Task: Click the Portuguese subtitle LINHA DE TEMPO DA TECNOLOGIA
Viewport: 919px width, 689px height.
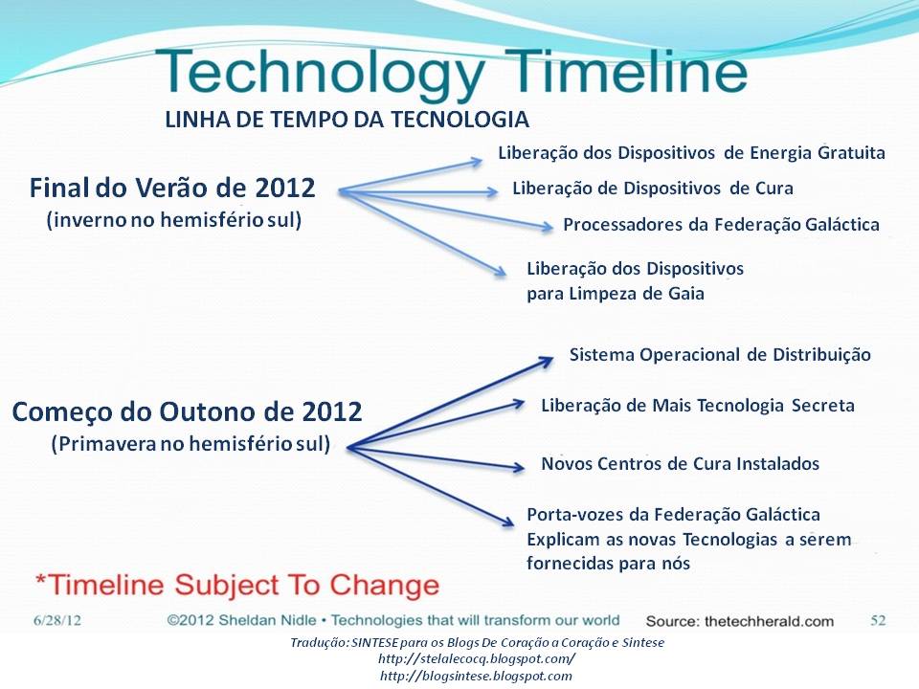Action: coord(347,120)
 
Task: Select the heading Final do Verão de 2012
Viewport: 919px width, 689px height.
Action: coord(172,189)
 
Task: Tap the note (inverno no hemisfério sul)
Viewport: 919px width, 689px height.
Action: coord(174,220)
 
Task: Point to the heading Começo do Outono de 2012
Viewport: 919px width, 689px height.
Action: coord(187,411)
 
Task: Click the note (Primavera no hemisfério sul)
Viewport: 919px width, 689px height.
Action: coord(191,443)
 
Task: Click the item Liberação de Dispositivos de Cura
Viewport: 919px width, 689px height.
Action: coord(652,189)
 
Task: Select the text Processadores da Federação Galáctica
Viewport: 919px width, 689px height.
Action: coord(721,225)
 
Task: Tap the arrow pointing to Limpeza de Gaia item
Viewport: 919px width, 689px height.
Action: coord(422,233)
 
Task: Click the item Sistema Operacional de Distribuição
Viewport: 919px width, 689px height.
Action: coord(720,355)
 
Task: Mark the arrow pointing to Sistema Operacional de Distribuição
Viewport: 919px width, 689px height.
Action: coord(451,403)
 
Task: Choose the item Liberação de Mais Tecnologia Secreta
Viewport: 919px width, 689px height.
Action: coord(698,406)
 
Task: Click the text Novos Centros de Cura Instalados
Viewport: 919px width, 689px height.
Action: coord(680,464)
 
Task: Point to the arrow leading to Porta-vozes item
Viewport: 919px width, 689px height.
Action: coord(431,487)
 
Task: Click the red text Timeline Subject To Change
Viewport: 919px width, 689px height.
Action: coord(237,586)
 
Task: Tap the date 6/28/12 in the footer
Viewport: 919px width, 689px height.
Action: coord(56,621)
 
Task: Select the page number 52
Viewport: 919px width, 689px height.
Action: coord(878,620)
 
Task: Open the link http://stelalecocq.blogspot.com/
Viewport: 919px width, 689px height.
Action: coord(477,659)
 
